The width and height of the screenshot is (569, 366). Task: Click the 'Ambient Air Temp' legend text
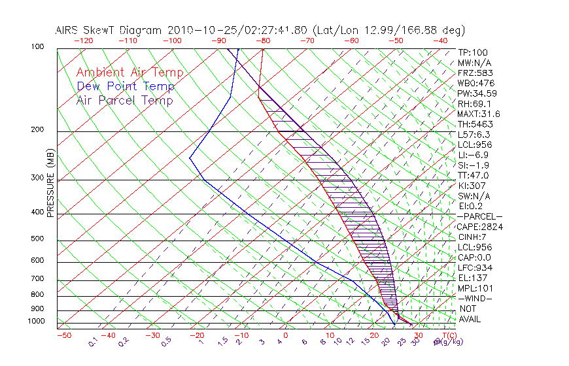129,73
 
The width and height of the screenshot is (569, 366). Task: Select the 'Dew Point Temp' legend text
126,86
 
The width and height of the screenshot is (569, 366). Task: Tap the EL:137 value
472,278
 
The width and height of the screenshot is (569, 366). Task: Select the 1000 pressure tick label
37,322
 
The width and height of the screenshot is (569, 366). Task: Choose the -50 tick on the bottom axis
63,335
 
